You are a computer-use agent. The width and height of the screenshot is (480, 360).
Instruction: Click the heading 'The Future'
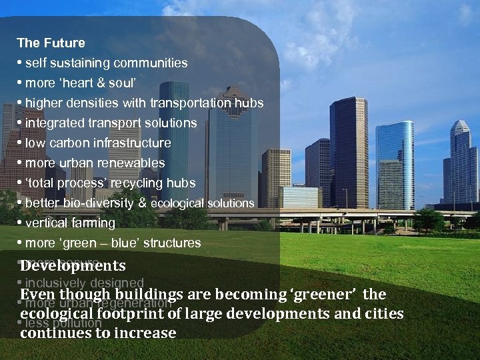pos(51,43)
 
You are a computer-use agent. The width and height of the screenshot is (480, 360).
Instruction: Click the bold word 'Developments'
pos(73,266)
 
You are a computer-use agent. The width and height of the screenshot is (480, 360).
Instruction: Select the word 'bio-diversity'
pos(89,203)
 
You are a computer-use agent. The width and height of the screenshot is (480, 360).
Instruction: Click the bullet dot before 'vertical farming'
pos(21,223)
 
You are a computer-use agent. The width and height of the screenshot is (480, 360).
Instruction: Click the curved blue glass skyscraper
pos(394,163)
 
